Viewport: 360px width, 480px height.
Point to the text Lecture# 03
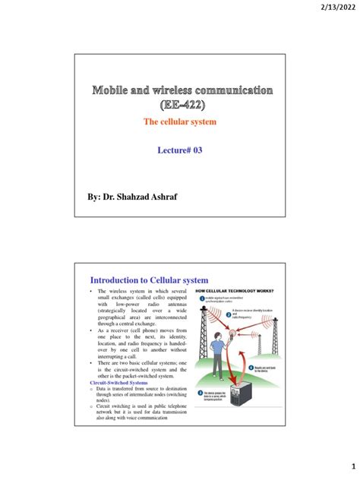click(179, 150)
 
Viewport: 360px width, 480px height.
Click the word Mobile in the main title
click(112, 91)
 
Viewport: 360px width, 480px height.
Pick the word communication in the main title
click(238, 91)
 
